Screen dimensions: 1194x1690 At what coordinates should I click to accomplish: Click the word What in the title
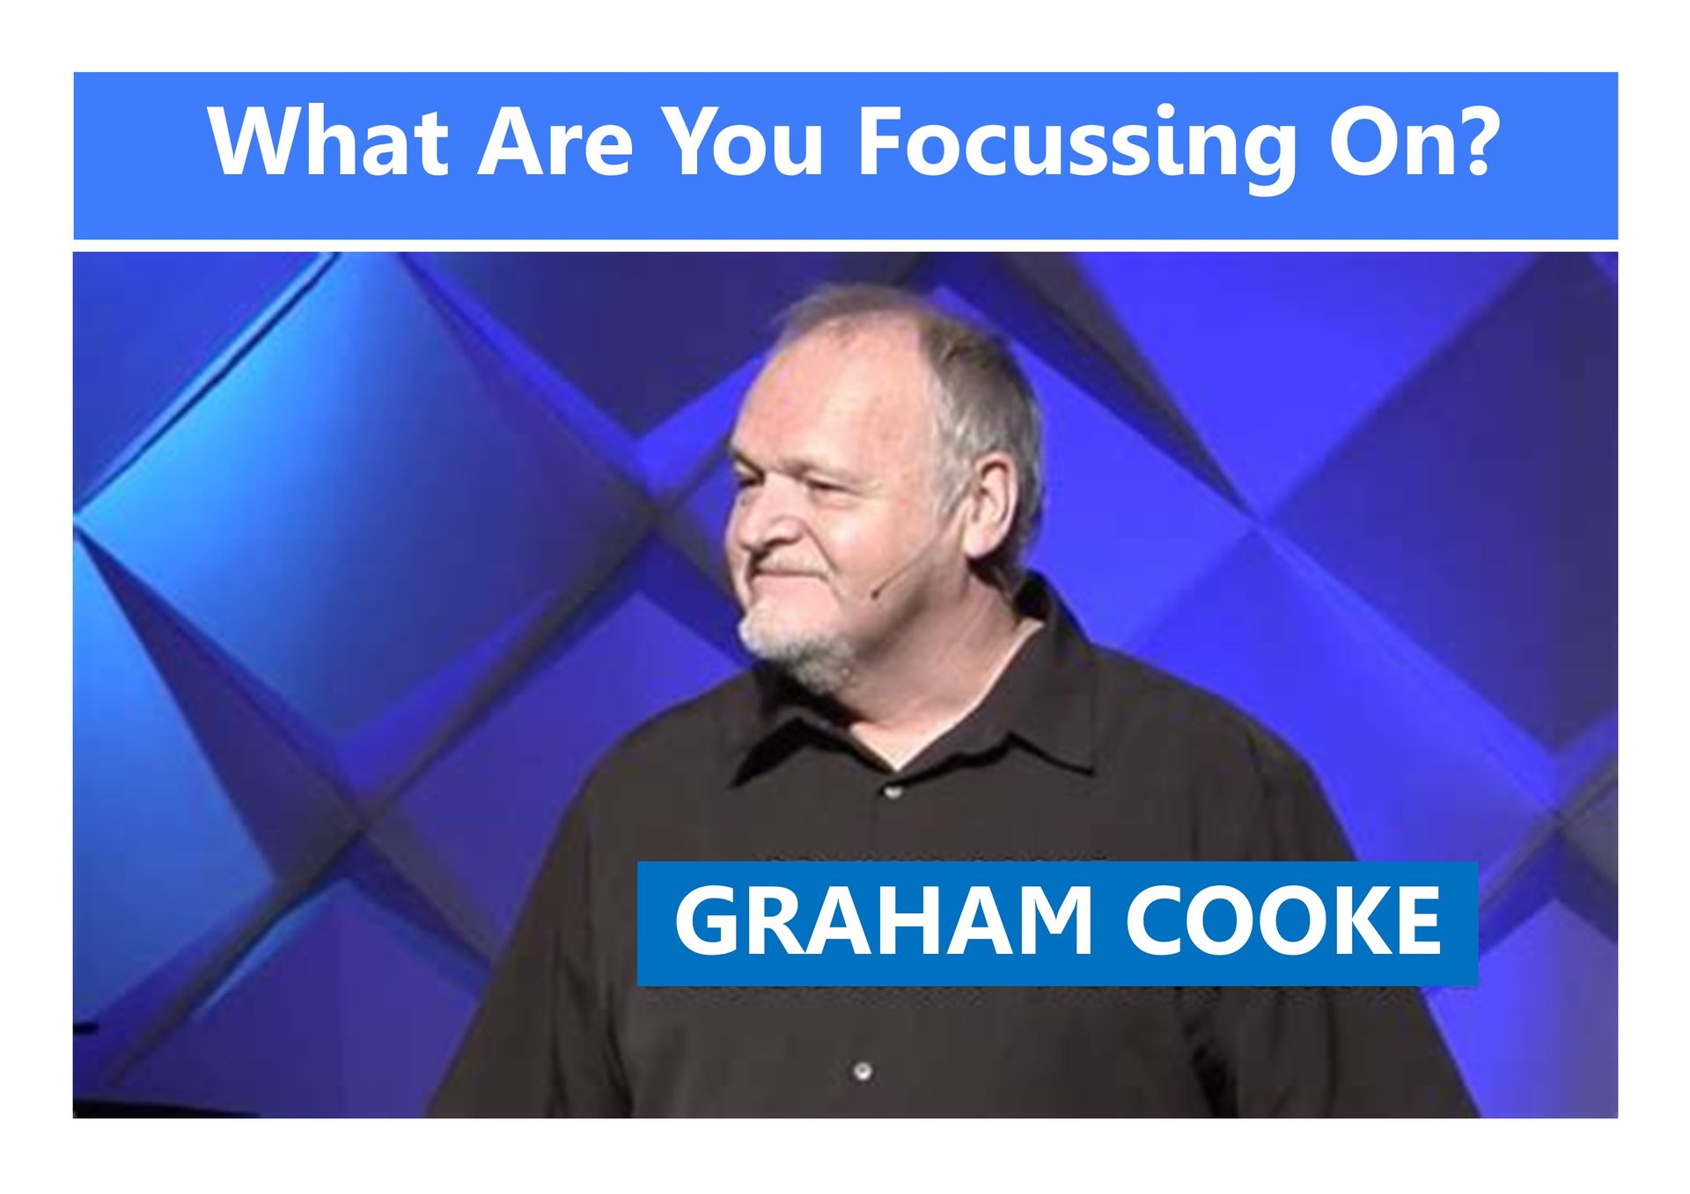coord(327,143)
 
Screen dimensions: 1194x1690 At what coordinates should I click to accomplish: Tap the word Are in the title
coord(555,143)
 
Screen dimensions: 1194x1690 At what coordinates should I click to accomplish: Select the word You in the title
coord(743,143)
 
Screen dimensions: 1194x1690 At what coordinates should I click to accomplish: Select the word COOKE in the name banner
coord(1283,921)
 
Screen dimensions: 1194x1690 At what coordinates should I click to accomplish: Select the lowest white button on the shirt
coord(863,1071)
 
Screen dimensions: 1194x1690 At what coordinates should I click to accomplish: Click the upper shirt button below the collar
coord(892,792)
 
